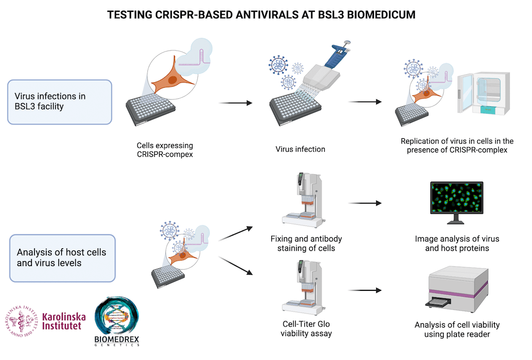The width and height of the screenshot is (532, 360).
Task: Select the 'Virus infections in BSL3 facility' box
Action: pyautogui.click(x=60, y=102)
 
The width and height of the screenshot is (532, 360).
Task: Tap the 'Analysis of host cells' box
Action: pyautogui.click(x=63, y=258)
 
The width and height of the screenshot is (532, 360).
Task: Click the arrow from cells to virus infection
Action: pyautogui.click(x=236, y=103)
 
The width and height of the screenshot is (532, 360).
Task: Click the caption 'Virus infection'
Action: pyautogui.click(x=300, y=149)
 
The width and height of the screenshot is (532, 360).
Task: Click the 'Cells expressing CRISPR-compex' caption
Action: pyautogui.click(x=165, y=149)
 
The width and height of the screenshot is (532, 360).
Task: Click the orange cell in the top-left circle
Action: pyautogui.click(x=170, y=81)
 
